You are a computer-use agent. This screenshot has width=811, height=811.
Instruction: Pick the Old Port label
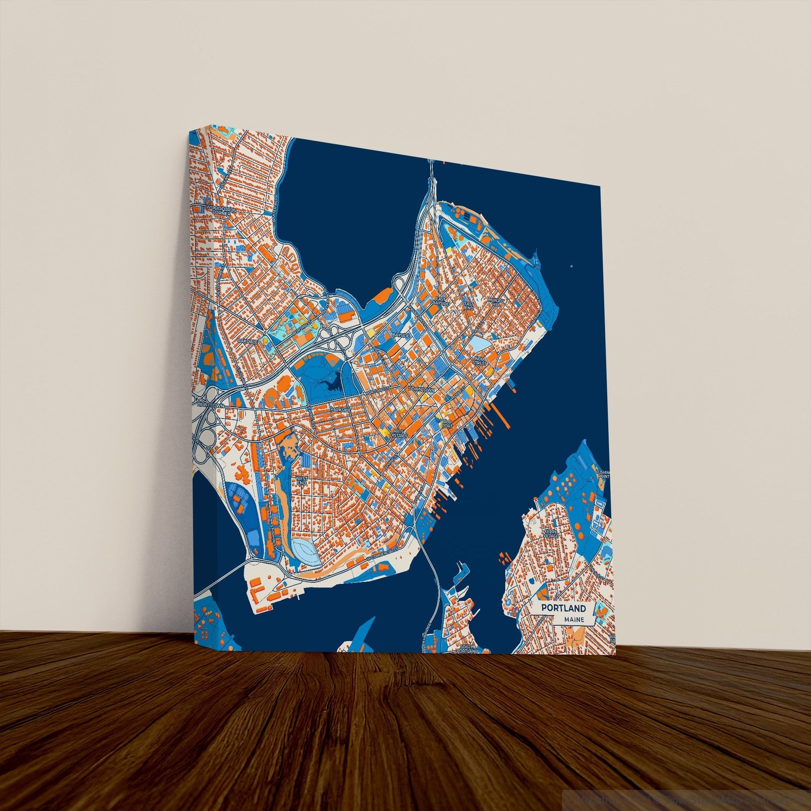tap(447, 423)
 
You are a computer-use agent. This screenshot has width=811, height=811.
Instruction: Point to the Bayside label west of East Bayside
tap(400, 336)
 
